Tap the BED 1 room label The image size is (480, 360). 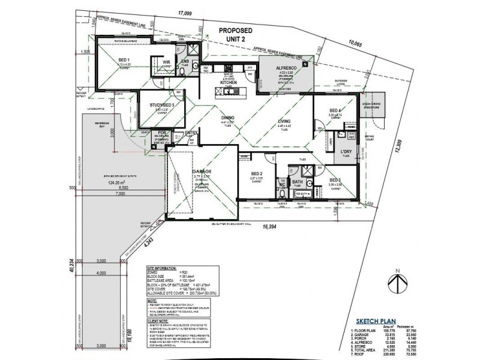click(x=124, y=61)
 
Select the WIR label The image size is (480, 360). click(x=167, y=61)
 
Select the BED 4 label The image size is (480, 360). click(x=335, y=110)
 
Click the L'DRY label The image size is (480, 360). click(x=346, y=151)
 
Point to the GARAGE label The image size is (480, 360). click(x=201, y=171)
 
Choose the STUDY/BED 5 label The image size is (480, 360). click(x=162, y=105)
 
